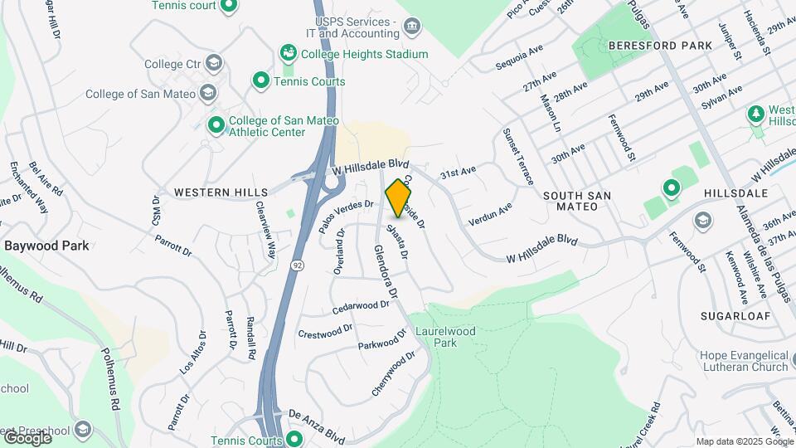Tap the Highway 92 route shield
pos(296,265)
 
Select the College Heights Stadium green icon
pos(289,54)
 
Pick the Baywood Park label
pos(46,246)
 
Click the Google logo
pos(27,436)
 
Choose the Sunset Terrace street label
pos(519,157)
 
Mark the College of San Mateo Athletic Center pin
pos(216,125)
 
